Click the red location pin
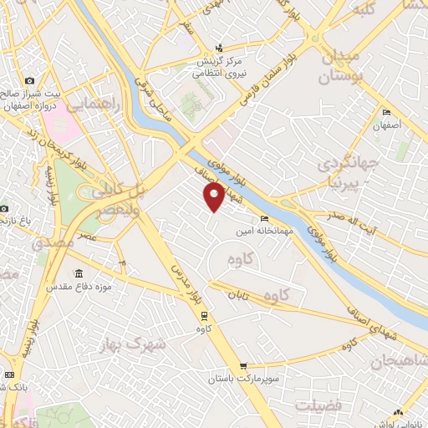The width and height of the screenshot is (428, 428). [214, 196]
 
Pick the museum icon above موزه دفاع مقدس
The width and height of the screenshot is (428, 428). [79, 274]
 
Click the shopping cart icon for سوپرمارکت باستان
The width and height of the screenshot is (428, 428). [243, 365]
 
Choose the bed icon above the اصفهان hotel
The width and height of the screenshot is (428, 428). [385, 113]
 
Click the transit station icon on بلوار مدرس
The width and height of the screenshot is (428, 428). [203, 315]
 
